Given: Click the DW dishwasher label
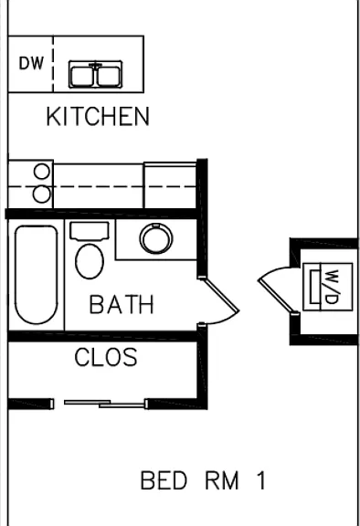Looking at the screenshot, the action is (31, 63).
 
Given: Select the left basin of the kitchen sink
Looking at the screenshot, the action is (82, 76).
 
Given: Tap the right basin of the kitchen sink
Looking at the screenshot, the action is (109, 76).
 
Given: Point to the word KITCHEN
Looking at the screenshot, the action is (98, 116).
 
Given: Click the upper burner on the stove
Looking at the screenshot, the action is (42, 172).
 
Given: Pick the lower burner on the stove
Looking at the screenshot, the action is (42, 195).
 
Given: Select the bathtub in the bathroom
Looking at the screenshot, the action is (37, 275).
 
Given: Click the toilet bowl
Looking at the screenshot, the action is (90, 261).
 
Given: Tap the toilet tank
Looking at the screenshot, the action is (90, 231).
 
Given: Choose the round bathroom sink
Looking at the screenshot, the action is (156, 238).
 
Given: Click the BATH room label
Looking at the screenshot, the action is (122, 304).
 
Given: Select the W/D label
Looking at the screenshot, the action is (332, 287).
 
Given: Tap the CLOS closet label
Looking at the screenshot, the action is (106, 357).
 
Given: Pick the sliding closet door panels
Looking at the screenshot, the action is (105, 404).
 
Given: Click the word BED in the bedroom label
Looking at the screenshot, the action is (164, 480).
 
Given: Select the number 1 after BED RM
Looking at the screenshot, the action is (261, 480).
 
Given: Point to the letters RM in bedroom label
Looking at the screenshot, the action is (222, 480).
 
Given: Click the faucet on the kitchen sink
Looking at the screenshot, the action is (96, 66).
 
